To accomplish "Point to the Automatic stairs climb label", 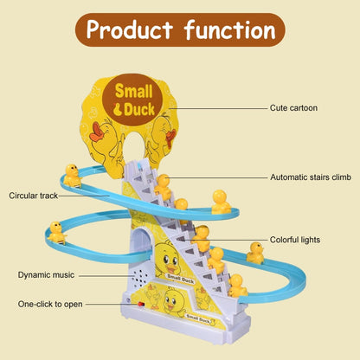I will tap(311, 177).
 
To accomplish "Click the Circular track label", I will tap(35, 196).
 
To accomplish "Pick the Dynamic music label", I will tap(46, 274).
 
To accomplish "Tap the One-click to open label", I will tap(50, 305).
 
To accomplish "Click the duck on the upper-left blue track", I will tap(74, 175).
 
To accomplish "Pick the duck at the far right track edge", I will tap(255, 253).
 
